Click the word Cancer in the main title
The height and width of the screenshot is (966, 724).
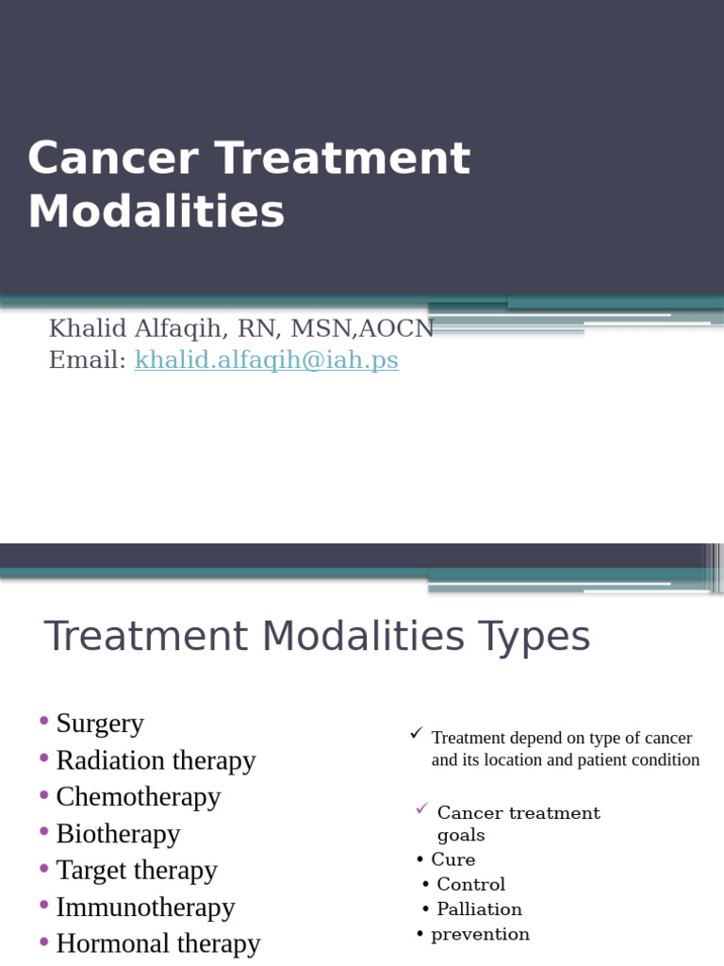click(x=112, y=158)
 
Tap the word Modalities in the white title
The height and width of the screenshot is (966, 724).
click(x=156, y=212)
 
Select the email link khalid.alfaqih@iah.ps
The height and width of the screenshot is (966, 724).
click(x=267, y=360)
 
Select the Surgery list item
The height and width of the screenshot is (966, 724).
click(x=100, y=724)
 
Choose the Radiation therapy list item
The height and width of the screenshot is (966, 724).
click(x=156, y=760)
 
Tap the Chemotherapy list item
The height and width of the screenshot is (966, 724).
click(x=138, y=797)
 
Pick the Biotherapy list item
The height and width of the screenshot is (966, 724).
click(x=118, y=834)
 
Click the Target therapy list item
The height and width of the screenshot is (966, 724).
click(x=137, y=870)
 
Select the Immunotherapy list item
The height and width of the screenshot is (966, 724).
click(x=145, y=908)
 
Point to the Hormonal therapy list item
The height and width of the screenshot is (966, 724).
click(x=157, y=943)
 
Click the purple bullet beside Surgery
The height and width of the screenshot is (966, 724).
click(x=44, y=722)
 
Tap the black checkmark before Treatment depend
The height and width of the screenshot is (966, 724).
click(x=416, y=734)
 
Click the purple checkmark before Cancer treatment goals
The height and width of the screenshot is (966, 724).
click(x=421, y=809)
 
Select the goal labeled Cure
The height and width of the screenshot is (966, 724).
click(x=452, y=859)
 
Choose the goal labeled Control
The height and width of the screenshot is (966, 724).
click(x=470, y=885)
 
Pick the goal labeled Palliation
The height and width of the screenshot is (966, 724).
click(x=479, y=909)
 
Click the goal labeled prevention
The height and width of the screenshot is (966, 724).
click(x=480, y=935)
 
